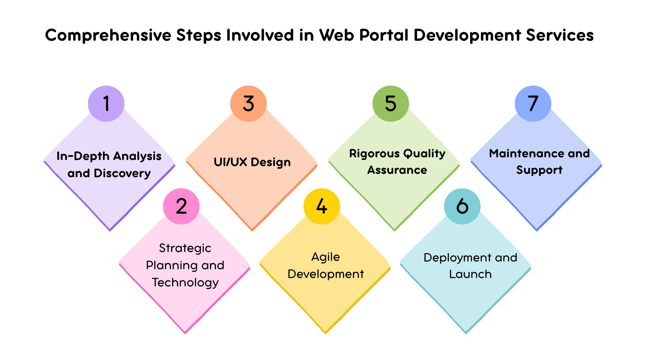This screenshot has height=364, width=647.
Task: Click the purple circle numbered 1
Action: tap(106, 103)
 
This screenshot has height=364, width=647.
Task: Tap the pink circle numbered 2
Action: tap(181, 206)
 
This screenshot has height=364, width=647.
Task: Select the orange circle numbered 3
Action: tap(248, 103)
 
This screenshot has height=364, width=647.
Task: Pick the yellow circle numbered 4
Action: tap(322, 206)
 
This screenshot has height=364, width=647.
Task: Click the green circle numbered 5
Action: tap(391, 103)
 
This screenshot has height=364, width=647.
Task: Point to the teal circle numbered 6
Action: tap(462, 206)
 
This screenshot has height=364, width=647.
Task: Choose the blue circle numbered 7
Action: tap(533, 103)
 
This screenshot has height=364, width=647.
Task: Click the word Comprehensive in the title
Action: tap(108, 35)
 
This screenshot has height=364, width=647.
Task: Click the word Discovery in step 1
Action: tap(122, 173)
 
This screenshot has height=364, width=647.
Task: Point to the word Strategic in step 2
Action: tap(185, 248)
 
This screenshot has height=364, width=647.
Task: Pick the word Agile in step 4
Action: tap(326, 257)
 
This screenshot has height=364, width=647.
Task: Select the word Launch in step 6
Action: tap(470, 274)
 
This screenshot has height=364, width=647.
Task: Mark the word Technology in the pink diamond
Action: tap(185, 282)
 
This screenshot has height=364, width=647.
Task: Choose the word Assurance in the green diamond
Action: tap(397, 170)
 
